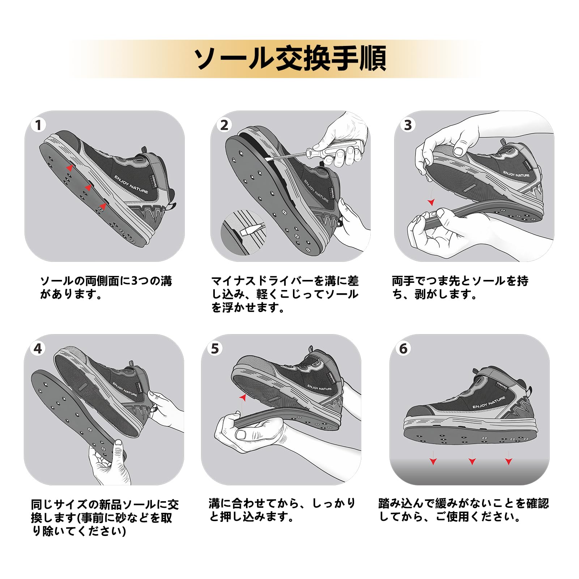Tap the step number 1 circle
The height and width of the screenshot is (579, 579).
pyautogui.click(x=38, y=125)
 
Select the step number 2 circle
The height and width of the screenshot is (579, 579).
pyautogui.click(x=224, y=125)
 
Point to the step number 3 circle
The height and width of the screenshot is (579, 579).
pyautogui.click(x=408, y=125)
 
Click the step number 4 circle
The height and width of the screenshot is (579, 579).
pyautogui.click(x=38, y=349)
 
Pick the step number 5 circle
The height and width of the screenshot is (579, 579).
pyautogui.click(x=215, y=349)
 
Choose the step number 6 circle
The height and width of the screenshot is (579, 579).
pyautogui.click(x=403, y=349)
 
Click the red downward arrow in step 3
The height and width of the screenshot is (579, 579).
pyautogui.click(x=431, y=202)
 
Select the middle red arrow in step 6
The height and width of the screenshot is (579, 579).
pyautogui.click(x=472, y=461)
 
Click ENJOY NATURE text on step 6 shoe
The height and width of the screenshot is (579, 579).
pyautogui.click(x=489, y=403)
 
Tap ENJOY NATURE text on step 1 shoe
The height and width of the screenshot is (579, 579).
pyautogui.click(x=131, y=184)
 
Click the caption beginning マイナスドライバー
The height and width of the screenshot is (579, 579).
pyautogui.click(x=285, y=294)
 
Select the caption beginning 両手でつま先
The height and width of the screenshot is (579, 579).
pyautogui.click(x=460, y=288)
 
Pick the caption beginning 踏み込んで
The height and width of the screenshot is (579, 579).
pyautogui.click(x=463, y=510)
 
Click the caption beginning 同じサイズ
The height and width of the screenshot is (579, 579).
pyautogui.click(x=105, y=518)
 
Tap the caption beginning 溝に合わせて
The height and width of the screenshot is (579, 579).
pyautogui.click(x=282, y=510)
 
